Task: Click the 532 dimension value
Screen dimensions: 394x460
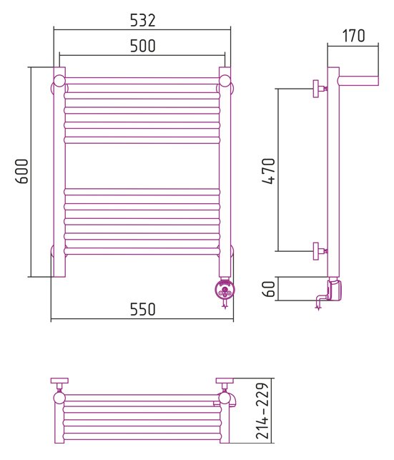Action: point(142,21)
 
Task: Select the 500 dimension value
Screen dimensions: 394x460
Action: point(142,46)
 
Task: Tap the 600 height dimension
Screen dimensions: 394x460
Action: point(21,171)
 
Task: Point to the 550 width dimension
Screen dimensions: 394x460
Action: point(142,309)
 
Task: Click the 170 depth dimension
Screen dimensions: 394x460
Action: point(353,36)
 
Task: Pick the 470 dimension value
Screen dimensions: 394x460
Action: point(269,171)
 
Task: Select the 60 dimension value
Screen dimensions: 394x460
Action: point(269,289)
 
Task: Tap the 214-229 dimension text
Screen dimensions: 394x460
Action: point(262,411)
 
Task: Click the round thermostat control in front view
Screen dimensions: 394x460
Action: point(225,290)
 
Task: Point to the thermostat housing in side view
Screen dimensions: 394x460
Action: point(334,290)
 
